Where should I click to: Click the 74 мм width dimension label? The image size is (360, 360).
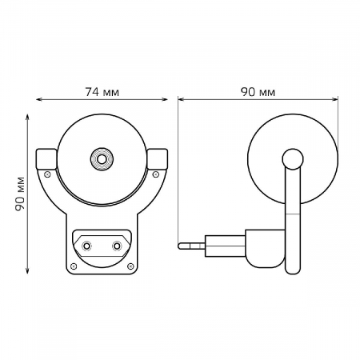click(x=102, y=92)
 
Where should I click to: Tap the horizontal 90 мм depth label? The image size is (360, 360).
click(x=258, y=92)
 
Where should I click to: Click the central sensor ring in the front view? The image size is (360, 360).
click(x=102, y=159)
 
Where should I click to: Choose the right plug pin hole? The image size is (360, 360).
click(x=117, y=245)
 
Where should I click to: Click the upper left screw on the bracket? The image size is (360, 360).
click(x=48, y=174)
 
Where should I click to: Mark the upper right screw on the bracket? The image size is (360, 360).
click(x=156, y=174)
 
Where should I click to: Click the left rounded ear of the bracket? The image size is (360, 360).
click(x=46, y=158)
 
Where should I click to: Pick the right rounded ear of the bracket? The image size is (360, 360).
click(x=158, y=158)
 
